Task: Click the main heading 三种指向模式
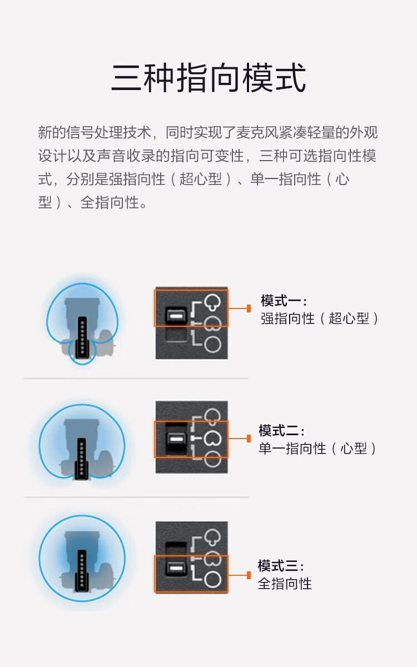tap(209, 77)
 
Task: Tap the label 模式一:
tap(284, 301)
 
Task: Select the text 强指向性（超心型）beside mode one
tap(320, 318)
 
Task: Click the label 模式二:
tap(281, 430)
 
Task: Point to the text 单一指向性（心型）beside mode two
tap(317, 448)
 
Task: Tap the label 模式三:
tap(281, 565)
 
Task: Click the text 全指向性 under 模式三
tap(285, 583)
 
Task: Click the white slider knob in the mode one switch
tap(176, 315)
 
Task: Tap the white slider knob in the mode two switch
tap(176, 439)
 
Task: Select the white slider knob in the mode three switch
tap(176, 568)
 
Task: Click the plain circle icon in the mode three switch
tap(213, 579)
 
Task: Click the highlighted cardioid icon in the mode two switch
tap(213, 438)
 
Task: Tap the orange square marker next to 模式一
tap(249, 308)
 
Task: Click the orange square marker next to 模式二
tap(249, 439)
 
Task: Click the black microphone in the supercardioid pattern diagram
tap(82, 337)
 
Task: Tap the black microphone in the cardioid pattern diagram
tap(82, 458)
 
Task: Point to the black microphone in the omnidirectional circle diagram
tap(82, 570)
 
